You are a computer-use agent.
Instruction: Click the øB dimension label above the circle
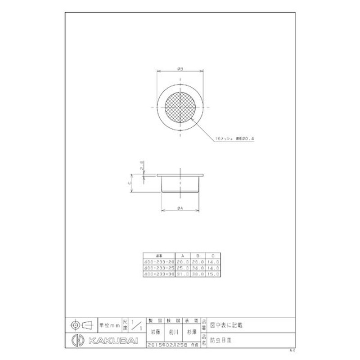tap(180, 69)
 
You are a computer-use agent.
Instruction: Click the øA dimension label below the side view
tap(180, 207)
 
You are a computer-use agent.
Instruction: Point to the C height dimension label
tap(129, 183)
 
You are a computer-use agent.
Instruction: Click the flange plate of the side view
tap(180, 175)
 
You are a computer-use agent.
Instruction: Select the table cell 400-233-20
tap(158, 261)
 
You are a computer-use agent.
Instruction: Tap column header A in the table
tap(182, 255)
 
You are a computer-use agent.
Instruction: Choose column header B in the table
tap(198, 255)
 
